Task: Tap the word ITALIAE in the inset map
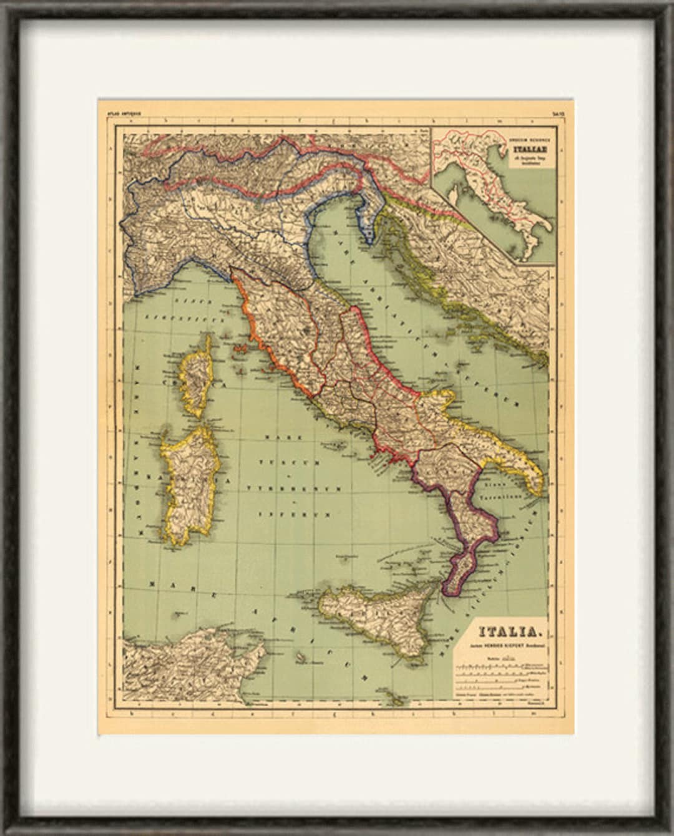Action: click(x=524, y=149)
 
